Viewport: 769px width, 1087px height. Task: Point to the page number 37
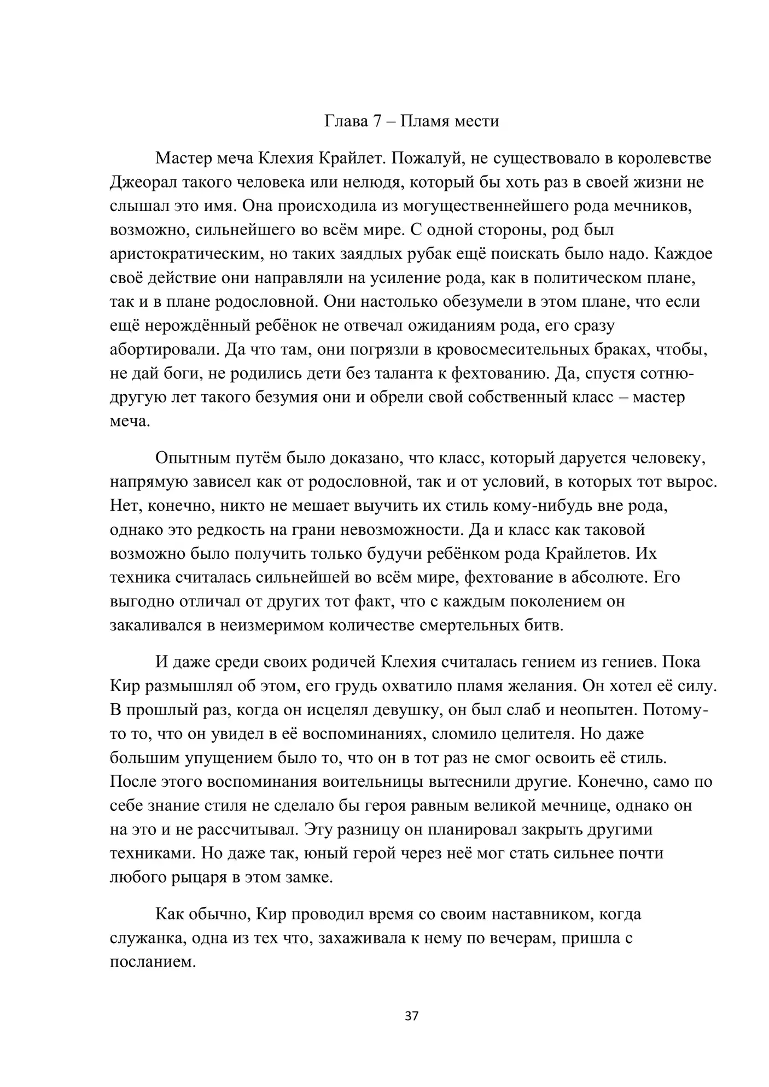(412, 1016)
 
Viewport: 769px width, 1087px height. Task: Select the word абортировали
(163, 349)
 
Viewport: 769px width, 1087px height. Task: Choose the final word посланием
(153, 962)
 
